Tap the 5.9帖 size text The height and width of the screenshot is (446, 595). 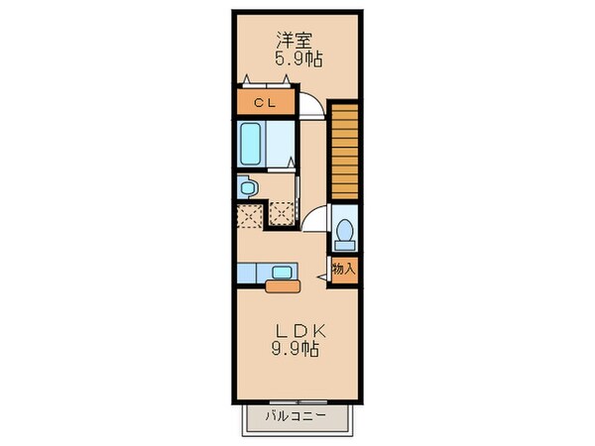[x=297, y=59]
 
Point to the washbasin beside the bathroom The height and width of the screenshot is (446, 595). [x=247, y=187]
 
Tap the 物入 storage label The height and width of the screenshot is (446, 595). [x=343, y=269]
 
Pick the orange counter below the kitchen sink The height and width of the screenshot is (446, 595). [x=282, y=287]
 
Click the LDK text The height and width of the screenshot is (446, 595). [x=297, y=331]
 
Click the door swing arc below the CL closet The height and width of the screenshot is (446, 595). [x=309, y=107]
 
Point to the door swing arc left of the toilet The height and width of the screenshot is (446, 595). [x=315, y=221]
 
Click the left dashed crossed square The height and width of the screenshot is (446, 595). [x=247, y=213]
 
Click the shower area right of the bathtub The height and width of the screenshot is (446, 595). [x=283, y=146]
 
